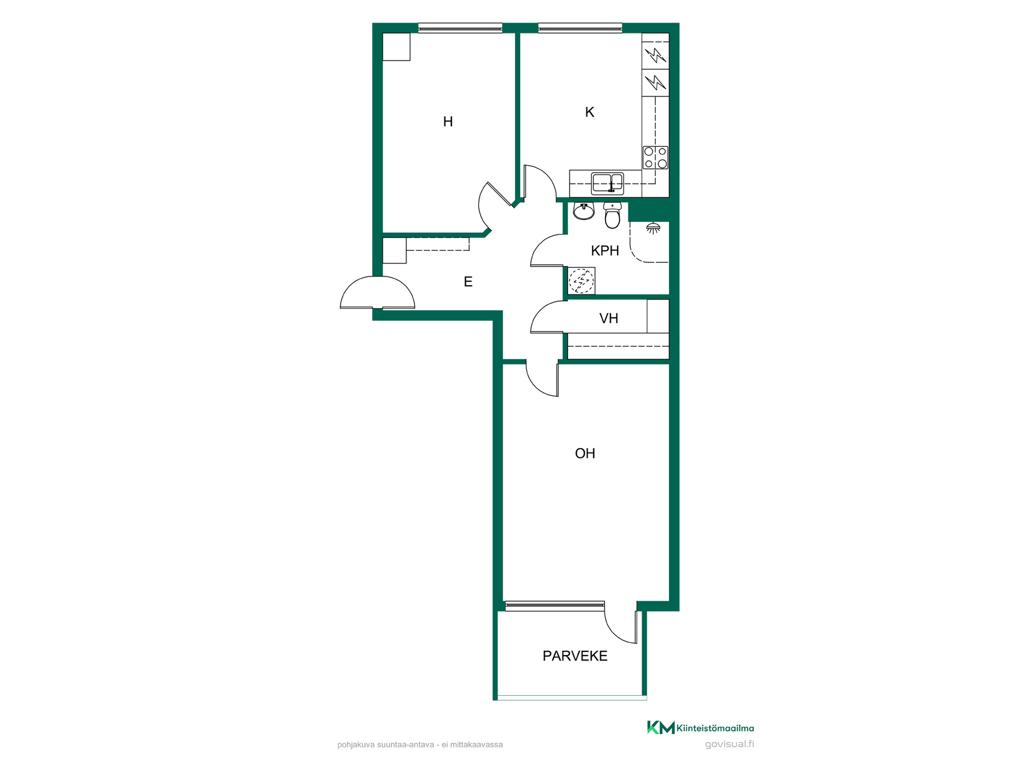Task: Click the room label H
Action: click(x=448, y=122)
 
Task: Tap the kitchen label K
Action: click(x=590, y=112)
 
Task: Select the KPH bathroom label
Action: click(x=605, y=250)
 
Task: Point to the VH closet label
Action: click(x=609, y=318)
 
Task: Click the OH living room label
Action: click(x=585, y=454)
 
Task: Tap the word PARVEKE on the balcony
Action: click(x=575, y=656)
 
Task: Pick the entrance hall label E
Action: click(x=468, y=281)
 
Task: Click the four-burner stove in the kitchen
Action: click(x=656, y=158)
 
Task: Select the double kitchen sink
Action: click(x=607, y=183)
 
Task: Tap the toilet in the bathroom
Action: click(x=612, y=215)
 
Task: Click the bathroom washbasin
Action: click(x=584, y=211)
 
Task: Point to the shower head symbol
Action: click(x=653, y=228)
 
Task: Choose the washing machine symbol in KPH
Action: click(x=582, y=281)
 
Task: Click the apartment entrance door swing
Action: click(x=378, y=292)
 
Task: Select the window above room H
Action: click(x=460, y=28)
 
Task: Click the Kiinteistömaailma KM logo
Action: click(x=700, y=728)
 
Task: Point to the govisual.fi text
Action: click(x=730, y=744)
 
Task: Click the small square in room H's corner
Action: click(x=396, y=47)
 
